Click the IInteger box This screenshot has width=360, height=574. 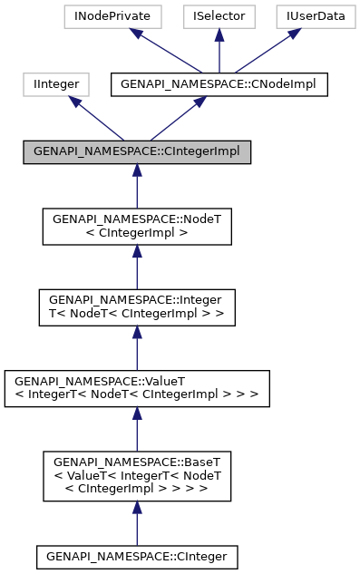(x=55, y=84)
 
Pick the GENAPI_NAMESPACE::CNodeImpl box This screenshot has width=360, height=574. (x=219, y=84)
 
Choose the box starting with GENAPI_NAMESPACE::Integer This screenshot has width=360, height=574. (x=137, y=306)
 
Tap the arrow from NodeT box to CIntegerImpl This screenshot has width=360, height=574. (x=137, y=187)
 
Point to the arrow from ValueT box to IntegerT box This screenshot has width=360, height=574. (x=137, y=346)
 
